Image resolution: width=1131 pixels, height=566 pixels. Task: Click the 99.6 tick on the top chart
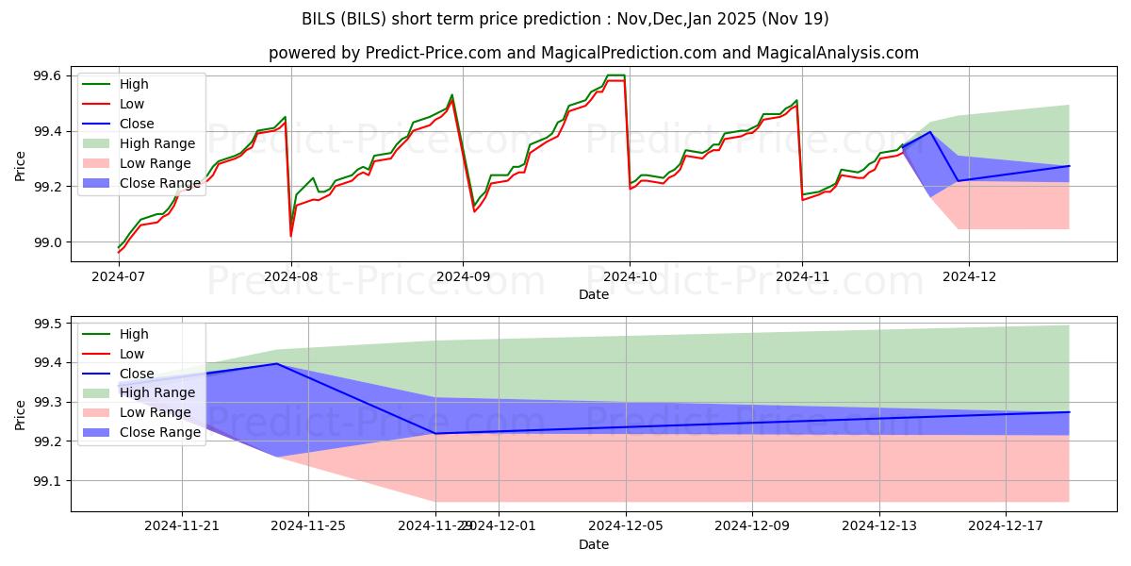click(x=48, y=75)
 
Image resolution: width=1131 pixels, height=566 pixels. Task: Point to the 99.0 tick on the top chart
click(x=48, y=242)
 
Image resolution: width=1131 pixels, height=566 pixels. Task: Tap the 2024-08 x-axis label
click(x=290, y=276)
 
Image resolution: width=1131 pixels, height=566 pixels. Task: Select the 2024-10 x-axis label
click(x=630, y=276)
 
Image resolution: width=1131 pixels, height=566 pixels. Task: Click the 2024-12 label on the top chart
click(x=969, y=276)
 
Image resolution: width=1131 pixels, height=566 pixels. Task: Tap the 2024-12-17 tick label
click(x=1006, y=526)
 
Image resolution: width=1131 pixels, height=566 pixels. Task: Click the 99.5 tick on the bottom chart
click(x=48, y=324)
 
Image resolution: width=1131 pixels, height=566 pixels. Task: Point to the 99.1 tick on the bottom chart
click(x=48, y=481)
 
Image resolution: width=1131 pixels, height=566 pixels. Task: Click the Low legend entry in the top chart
click(x=131, y=104)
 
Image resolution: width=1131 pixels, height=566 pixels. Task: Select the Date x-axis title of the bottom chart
click(x=594, y=544)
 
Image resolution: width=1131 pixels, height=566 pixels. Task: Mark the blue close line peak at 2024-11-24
click(x=276, y=363)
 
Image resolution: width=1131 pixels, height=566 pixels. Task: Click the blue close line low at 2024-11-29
click(x=435, y=433)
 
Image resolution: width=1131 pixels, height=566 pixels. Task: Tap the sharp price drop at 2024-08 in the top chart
click(x=290, y=234)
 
